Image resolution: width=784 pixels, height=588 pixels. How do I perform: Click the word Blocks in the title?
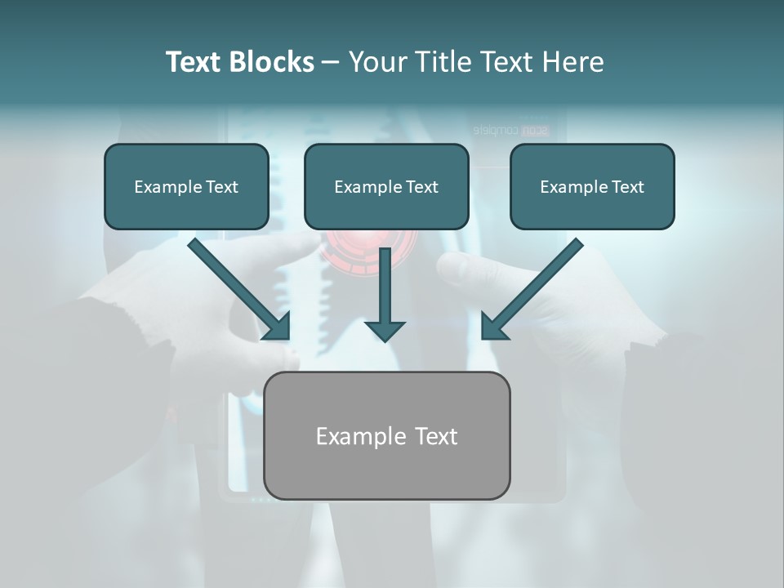pos(273,62)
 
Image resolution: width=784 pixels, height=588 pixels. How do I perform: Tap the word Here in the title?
pos(572,62)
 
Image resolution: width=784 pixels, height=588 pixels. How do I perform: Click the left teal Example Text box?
pos(186,187)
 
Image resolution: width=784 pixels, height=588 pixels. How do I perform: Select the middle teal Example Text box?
pos(386,187)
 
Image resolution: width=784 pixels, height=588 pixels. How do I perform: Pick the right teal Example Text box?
pos(592,187)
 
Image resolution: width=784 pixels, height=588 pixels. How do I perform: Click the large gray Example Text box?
pos(386,435)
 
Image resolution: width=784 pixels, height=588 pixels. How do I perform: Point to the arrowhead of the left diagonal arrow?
pos(278,327)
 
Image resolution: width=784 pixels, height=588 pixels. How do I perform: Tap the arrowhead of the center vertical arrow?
pos(385,330)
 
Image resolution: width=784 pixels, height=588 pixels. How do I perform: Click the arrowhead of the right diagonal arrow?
pos(492,327)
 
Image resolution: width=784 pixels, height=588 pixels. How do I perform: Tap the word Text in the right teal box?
pos(627,187)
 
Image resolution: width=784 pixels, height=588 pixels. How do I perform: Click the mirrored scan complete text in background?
pos(511,130)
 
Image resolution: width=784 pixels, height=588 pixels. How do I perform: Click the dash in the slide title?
pos(331,63)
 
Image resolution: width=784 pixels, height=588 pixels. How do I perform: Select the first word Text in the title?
pos(194,62)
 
